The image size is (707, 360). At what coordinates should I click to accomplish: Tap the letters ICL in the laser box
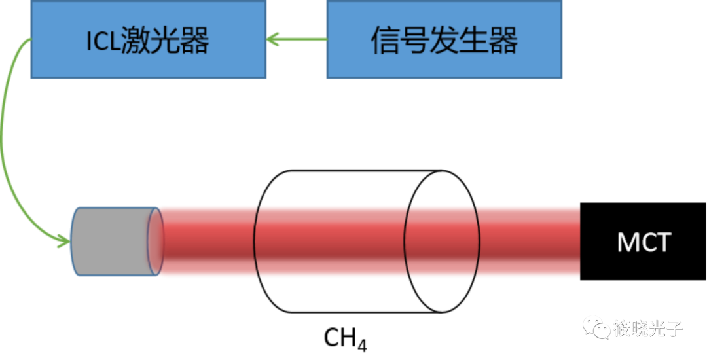(103, 42)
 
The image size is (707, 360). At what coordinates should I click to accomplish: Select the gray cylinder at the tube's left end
(111, 241)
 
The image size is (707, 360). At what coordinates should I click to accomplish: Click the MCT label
(644, 243)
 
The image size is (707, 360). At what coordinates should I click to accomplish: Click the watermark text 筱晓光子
(648, 327)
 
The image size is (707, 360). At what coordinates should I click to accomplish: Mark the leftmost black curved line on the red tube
(256, 240)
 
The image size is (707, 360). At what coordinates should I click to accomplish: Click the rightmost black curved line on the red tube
(479, 240)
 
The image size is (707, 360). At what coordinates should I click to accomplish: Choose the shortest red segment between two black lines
(443, 240)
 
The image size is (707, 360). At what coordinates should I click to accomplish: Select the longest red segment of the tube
(331, 240)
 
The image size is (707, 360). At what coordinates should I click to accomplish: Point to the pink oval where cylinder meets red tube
(155, 241)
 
